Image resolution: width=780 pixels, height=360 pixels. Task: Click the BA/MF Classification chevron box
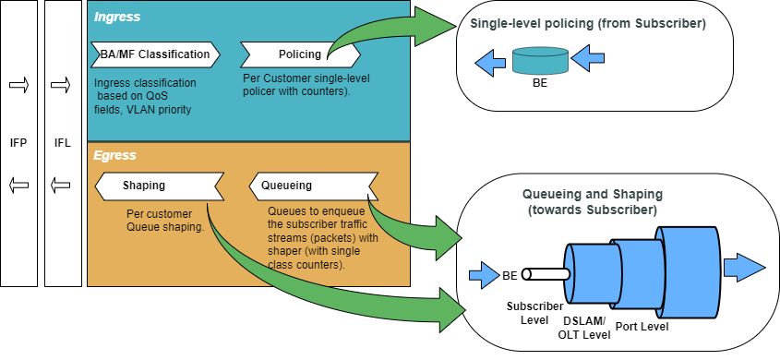pos(155,54)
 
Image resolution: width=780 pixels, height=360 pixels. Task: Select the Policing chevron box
pos(300,54)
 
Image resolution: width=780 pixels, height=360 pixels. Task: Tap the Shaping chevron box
pos(159,186)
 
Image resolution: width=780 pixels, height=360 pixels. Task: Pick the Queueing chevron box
pos(314,186)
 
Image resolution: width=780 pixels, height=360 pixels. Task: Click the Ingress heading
pos(117,17)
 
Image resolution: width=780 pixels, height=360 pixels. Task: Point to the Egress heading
pos(114,155)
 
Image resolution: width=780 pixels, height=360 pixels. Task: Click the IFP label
pos(18,144)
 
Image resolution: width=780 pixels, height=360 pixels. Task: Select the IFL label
pos(62,144)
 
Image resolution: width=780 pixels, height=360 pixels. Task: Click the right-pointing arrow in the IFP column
pos(18,85)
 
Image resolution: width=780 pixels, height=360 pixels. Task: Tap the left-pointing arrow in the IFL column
pos(61,186)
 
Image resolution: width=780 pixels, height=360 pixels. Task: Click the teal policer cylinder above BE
pos(540,61)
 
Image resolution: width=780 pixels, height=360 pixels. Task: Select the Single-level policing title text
pos(588,24)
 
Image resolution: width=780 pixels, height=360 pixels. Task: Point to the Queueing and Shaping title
pos(593,202)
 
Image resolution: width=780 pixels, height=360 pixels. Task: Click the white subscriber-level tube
pos(546,275)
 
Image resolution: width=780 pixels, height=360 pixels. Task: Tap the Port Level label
pos(642,327)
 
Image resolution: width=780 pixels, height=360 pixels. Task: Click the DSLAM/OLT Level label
pos(584,328)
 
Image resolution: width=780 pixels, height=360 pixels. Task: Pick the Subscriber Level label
pos(534,313)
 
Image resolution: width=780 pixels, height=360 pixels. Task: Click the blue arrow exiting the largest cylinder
pos(745,268)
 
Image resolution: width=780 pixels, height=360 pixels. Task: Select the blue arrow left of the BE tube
pos(484,275)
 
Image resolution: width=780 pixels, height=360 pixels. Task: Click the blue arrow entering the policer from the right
pos(587,58)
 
